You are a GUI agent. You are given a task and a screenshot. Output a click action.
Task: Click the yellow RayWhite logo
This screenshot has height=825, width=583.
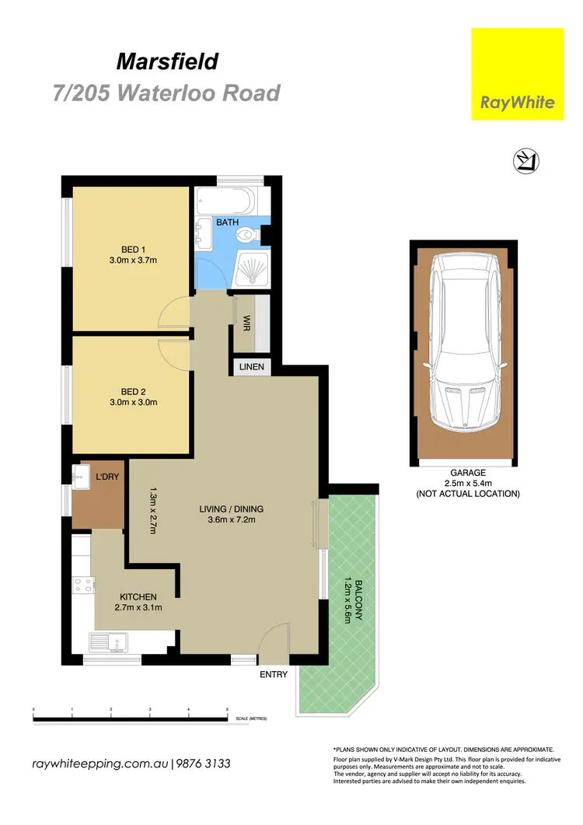(x=517, y=74)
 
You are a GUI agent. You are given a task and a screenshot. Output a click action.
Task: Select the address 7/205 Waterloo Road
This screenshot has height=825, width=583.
(x=166, y=93)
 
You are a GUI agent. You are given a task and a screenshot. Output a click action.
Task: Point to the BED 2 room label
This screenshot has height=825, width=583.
(x=132, y=397)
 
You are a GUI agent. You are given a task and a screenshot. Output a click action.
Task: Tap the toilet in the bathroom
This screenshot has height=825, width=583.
(x=249, y=232)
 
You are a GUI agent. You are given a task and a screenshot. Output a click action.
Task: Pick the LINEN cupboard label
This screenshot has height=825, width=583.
(x=250, y=366)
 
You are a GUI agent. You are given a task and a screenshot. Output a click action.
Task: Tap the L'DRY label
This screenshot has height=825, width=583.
(x=106, y=477)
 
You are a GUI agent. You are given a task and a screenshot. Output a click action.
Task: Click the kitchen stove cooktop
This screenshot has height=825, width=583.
(x=83, y=587)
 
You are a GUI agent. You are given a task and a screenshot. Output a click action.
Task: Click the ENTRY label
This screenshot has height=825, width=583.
(x=274, y=674)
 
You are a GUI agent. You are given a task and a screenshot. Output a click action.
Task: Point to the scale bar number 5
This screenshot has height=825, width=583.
(x=227, y=710)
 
